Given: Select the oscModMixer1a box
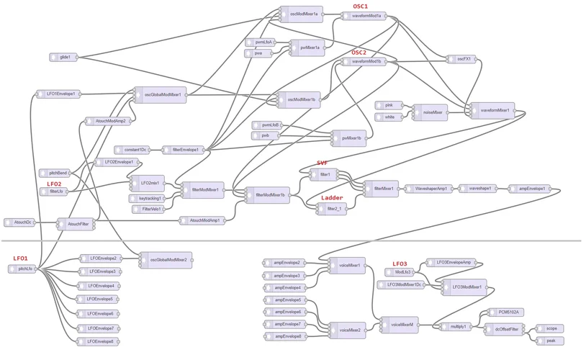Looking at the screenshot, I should pos(302,14).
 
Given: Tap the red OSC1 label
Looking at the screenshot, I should pos(360,6).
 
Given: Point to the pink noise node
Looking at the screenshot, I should pos(389,105).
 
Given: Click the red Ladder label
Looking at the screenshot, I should pos(331,197).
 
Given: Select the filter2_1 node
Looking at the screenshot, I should pos(333,209).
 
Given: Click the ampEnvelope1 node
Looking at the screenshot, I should pos(530,189).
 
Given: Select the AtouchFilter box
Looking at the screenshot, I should pos(76,225).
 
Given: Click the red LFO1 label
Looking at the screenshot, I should pos(20,258).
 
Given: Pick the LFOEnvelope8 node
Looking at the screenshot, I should pos(99,341).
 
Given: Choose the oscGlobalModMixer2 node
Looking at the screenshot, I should pos(166,259).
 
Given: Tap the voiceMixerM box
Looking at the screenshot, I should pos(400,325).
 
